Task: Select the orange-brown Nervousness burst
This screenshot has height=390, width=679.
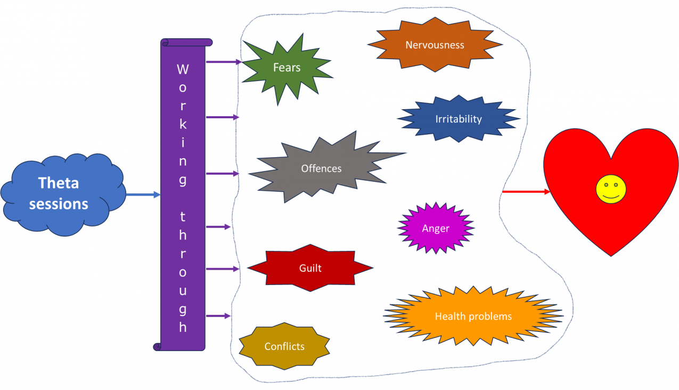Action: coord(435,45)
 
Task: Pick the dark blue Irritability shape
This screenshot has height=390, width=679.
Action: coord(458,119)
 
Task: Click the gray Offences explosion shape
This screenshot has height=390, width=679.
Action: coord(321,169)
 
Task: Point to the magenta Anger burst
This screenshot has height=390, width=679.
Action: coord(436,229)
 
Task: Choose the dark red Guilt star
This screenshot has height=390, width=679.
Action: coord(310,268)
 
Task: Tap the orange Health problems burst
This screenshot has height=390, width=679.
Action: coord(473,316)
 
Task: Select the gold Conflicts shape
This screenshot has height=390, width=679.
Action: coord(284,346)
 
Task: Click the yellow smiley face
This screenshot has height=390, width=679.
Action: coord(611,190)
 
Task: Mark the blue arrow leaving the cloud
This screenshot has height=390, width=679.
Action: coord(143,195)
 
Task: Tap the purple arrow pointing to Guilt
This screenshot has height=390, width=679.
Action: coord(223,269)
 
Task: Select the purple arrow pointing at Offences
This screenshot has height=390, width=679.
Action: coord(223,174)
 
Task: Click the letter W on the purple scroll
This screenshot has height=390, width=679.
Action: coord(183,69)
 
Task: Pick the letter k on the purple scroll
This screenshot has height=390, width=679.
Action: coord(183,125)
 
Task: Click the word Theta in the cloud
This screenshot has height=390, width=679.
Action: coord(59,183)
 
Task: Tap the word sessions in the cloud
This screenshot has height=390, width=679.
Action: coord(59,204)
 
